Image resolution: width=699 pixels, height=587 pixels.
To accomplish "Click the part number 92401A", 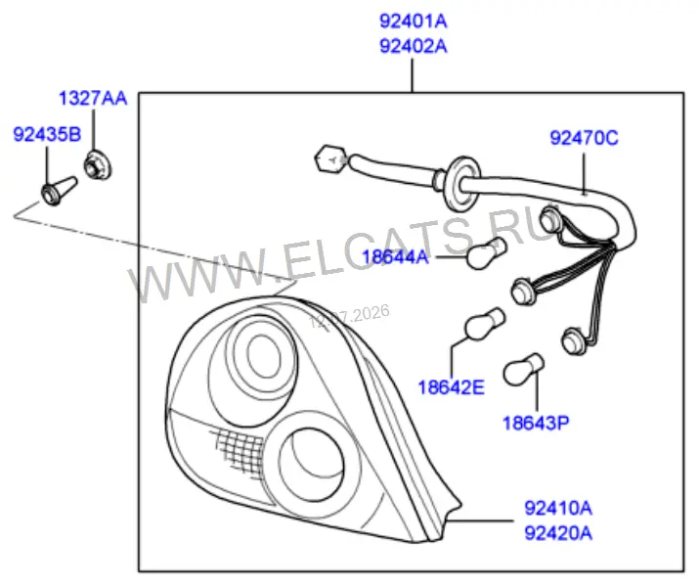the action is (x=413, y=21).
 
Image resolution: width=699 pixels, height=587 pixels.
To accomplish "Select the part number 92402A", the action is (x=413, y=46).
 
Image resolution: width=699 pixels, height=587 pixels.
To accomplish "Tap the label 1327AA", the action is (x=93, y=98).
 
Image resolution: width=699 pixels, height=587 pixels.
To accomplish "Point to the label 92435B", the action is (x=47, y=134).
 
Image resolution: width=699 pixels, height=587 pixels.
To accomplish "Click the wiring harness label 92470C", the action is (x=584, y=138).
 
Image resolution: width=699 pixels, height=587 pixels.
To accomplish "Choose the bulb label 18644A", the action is (x=395, y=257).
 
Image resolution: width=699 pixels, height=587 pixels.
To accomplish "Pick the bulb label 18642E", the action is (x=451, y=387).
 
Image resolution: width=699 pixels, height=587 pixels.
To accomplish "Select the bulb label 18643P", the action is (x=536, y=423).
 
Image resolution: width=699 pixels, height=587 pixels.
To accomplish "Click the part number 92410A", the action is (x=558, y=508).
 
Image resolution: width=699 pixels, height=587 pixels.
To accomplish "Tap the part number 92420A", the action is (x=558, y=533).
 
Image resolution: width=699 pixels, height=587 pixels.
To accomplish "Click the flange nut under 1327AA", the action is (x=98, y=166).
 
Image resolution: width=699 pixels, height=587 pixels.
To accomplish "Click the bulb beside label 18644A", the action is (x=486, y=253).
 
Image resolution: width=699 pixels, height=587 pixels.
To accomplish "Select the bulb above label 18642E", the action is (x=485, y=324).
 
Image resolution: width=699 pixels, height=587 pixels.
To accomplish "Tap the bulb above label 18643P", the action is (x=523, y=370).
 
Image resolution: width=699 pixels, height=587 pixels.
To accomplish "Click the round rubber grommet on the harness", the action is (x=461, y=183).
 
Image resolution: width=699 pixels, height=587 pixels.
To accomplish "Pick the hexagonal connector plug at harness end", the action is (x=330, y=158).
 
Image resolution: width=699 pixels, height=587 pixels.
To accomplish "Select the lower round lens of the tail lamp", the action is (x=311, y=465).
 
